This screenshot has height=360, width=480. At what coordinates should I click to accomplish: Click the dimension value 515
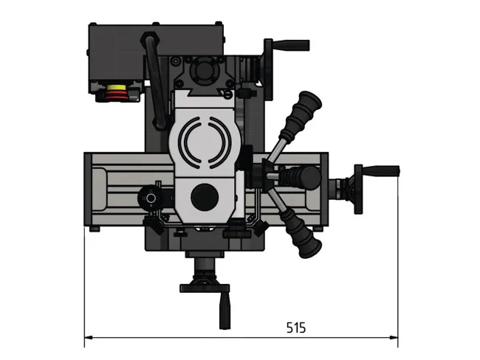pos(295,328)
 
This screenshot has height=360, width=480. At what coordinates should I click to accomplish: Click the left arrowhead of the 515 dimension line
pos(89,339)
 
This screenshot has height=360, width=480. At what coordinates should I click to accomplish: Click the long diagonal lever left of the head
pos(157,81)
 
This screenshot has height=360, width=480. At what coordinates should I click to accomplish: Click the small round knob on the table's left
pos(151,198)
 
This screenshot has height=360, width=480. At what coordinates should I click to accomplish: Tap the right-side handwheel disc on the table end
pos(358,188)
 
